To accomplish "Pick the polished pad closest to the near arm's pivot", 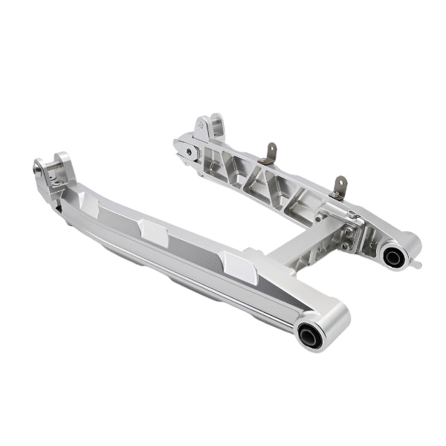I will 239,266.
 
